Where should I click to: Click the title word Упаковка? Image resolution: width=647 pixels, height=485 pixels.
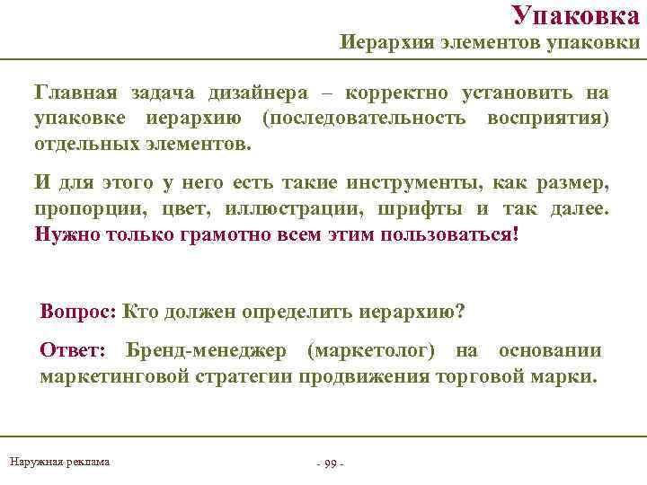point(581,15)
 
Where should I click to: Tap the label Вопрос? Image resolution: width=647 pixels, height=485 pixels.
point(77,312)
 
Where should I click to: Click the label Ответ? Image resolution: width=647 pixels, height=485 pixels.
point(73,350)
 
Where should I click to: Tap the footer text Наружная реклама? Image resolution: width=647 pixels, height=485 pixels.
point(59,462)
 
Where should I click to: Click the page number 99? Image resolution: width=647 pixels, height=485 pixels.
point(330,463)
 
